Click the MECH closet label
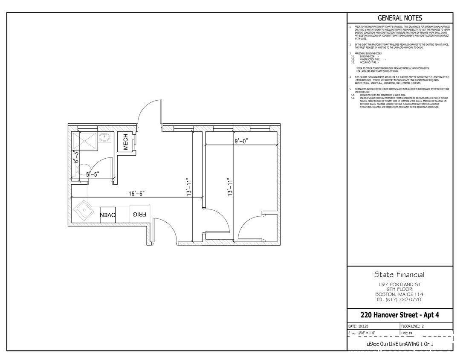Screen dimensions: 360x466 tap(126, 142)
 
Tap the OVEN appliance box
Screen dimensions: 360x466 tap(107, 215)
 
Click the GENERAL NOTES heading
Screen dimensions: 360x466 tap(400, 18)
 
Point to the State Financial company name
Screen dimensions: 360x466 tap(399, 274)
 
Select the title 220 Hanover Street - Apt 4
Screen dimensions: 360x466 tap(399, 315)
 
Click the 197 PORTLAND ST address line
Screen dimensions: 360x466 tap(399, 284)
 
